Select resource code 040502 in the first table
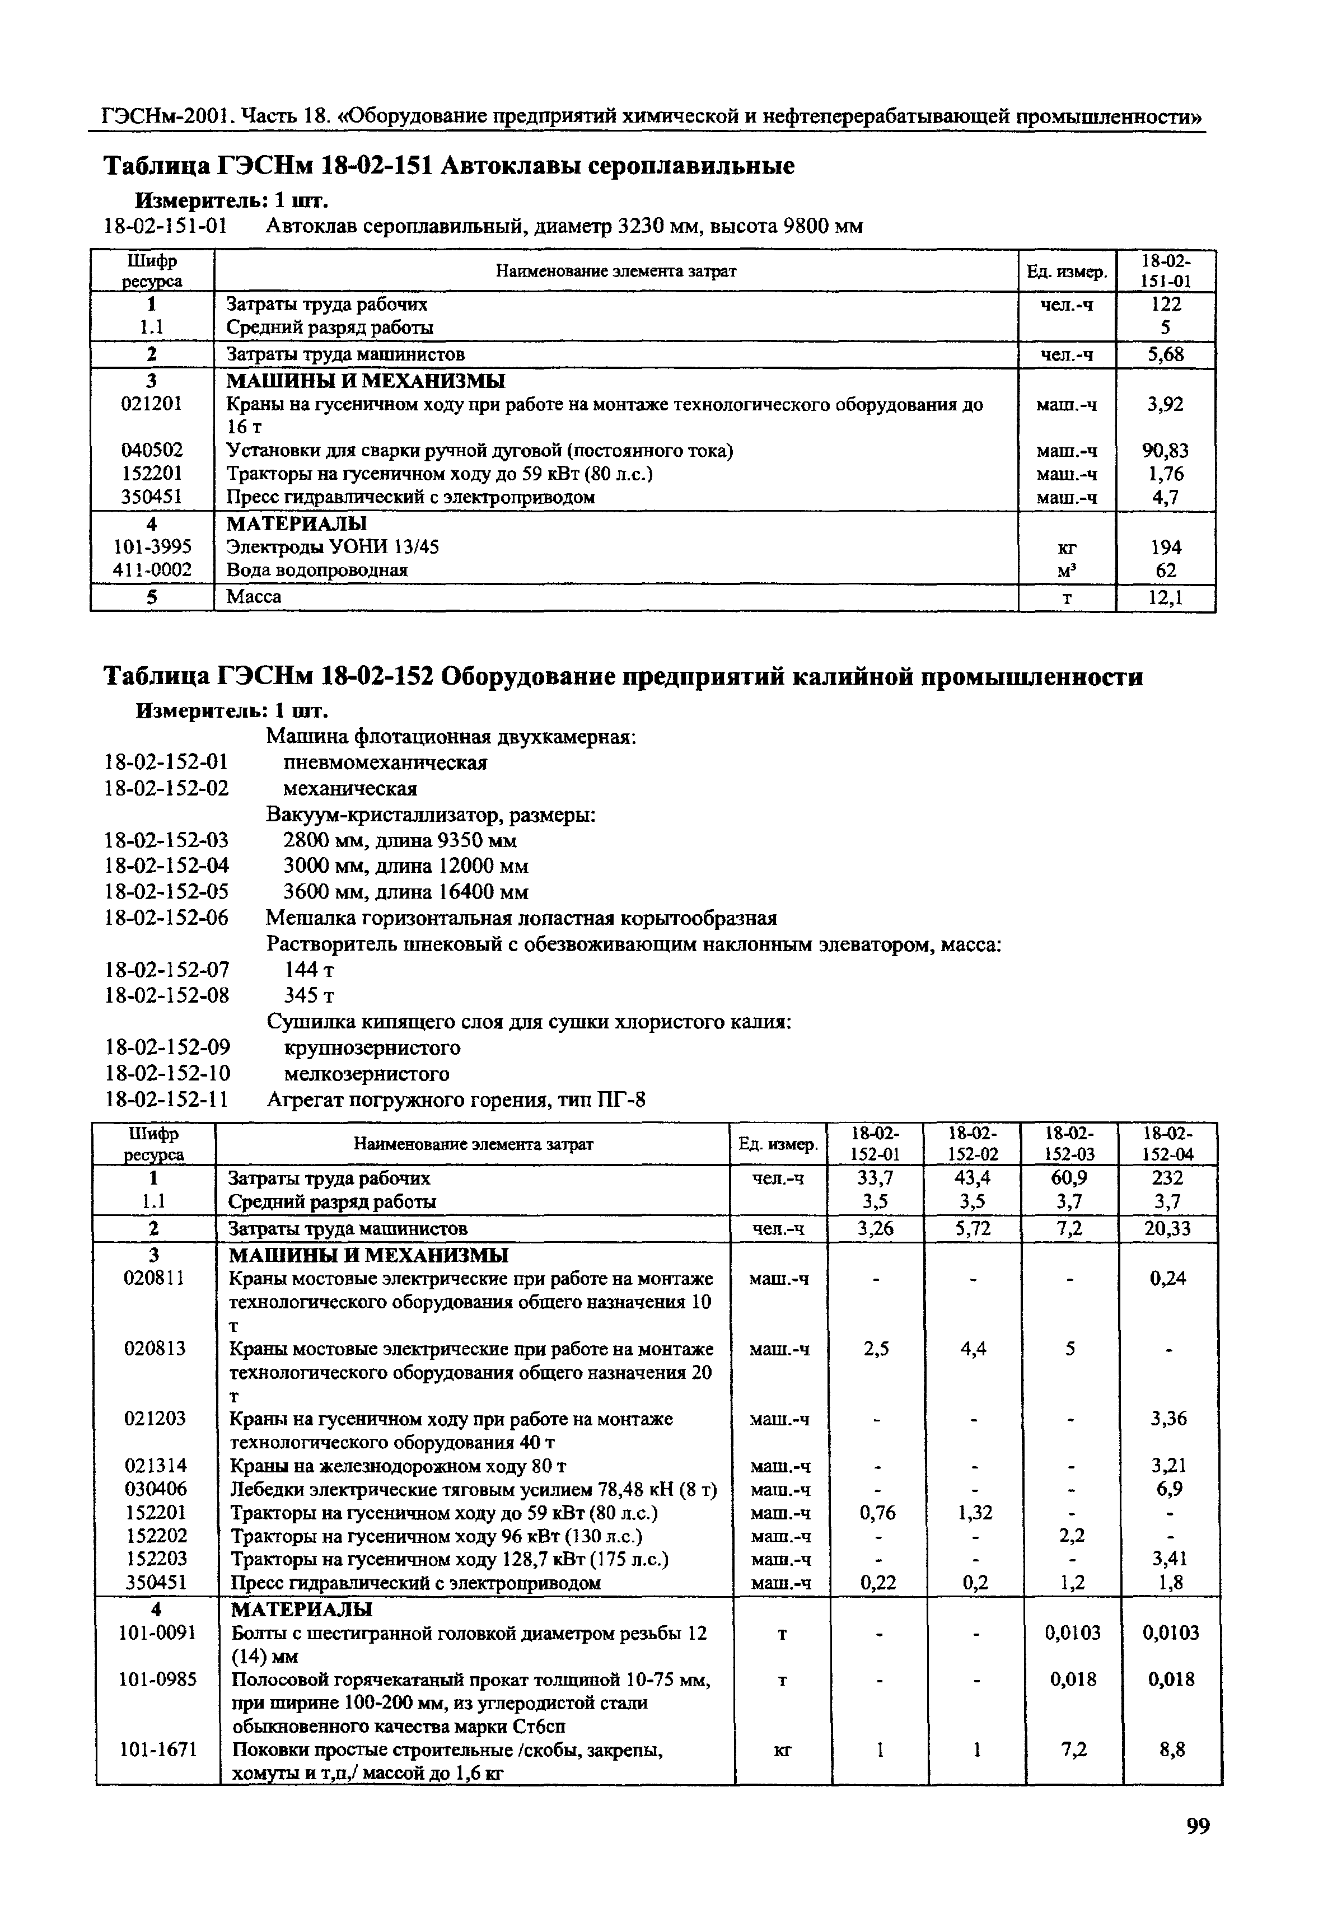point(152,450)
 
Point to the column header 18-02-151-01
point(1166,271)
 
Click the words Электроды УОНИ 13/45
point(333,547)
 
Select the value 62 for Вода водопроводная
point(1166,570)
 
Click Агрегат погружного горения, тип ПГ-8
point(455,1100)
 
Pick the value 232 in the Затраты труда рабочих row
point(1167,1178)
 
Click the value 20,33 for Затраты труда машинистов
point(1167,1228)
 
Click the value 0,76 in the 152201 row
point(877,1513)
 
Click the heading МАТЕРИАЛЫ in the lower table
point(300,1609)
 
